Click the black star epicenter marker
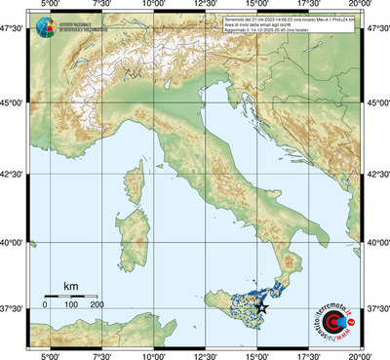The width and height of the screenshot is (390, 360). coord(260,307)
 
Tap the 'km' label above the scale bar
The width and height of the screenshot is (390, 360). coord(70,285)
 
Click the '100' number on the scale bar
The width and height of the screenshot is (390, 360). coord(71,305)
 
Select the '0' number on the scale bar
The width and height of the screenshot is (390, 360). coord(45,305)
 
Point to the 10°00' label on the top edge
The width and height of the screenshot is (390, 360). coord(152,6)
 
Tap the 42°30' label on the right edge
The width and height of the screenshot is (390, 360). coord(377,174)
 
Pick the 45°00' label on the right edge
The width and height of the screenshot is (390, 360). coord(377,103)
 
